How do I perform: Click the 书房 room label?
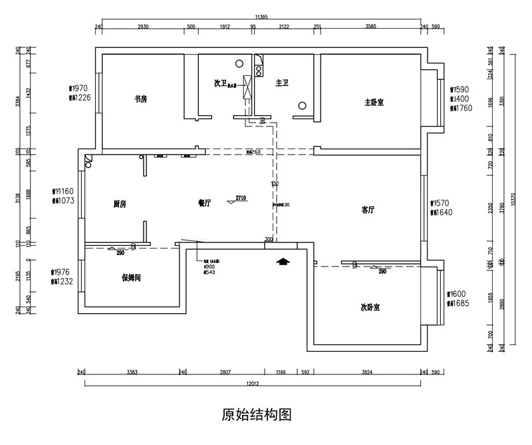point(140,99)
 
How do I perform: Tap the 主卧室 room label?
point(374,103)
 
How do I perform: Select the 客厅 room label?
point(368,209)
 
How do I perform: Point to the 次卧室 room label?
point(370,307)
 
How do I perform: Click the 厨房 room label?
point(120,205)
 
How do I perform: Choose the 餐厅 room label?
point(204,205)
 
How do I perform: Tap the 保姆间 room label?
point(130,278)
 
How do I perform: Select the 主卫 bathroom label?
point(281,83)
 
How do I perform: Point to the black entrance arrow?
point(283,262)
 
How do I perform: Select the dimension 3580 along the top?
point(370,27)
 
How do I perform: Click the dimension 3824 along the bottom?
point(366,372)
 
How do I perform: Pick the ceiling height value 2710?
point(241,198)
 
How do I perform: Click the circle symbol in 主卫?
point(302,105)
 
